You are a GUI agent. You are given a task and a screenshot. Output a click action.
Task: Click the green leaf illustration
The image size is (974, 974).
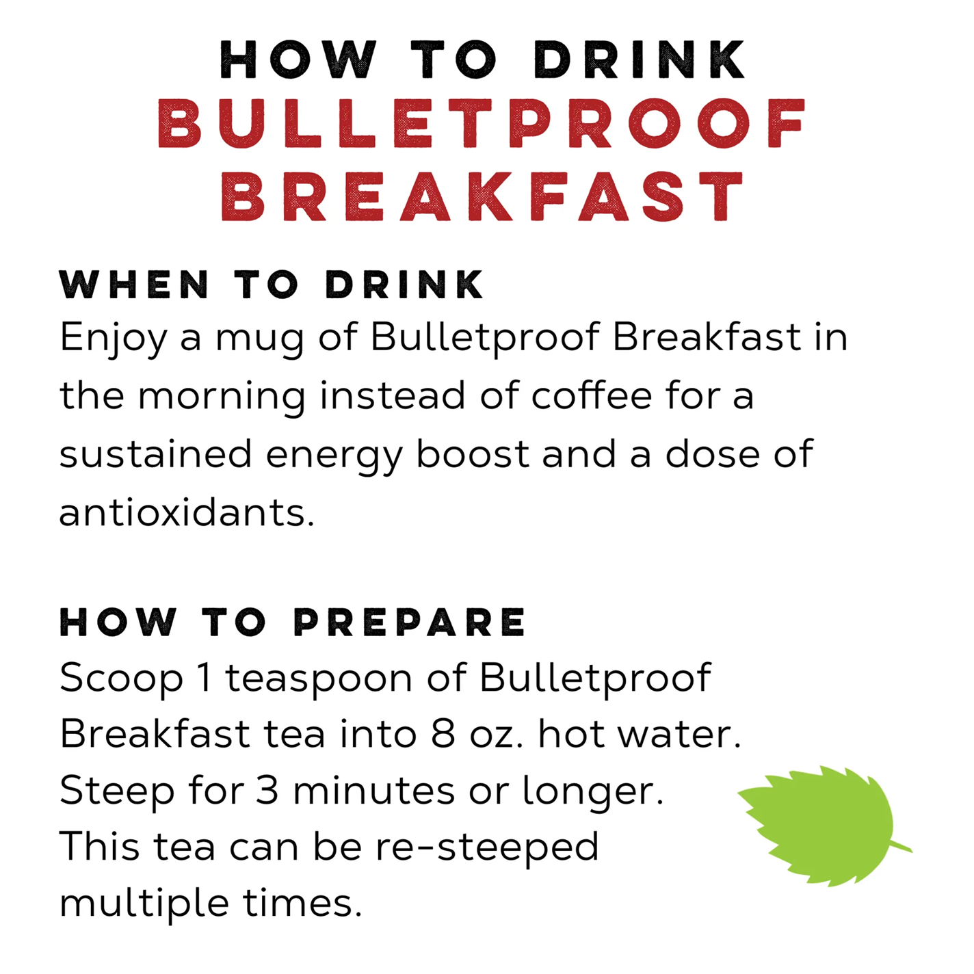point(817,824)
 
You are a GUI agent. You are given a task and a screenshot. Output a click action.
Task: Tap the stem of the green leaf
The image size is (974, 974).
point(901,847)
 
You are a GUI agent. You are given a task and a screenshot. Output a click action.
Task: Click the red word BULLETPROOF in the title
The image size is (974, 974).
point(482,124)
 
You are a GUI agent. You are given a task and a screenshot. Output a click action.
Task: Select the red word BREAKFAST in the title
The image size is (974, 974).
point(482,196)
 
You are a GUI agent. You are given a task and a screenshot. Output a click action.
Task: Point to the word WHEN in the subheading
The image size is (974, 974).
point(134,285)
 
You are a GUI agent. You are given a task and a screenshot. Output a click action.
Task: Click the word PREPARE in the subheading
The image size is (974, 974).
point(410,622)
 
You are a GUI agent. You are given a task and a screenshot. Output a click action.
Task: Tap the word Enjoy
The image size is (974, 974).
point(113,338)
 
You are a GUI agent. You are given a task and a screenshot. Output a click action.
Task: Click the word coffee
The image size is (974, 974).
point(592,396)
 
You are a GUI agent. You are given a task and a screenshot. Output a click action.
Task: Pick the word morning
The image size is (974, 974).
point(222,397)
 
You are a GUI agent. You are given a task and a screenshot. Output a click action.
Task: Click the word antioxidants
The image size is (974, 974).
point(186,512)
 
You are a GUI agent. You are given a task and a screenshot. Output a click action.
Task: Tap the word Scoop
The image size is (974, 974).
point(121,679)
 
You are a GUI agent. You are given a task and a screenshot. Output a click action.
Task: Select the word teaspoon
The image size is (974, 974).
point(319,679)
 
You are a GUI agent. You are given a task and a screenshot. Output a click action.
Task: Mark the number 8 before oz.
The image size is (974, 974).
point(443,735)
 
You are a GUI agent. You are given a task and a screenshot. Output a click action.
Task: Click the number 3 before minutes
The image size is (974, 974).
point(267,791)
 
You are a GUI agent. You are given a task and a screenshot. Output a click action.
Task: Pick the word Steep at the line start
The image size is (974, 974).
point(117,792)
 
